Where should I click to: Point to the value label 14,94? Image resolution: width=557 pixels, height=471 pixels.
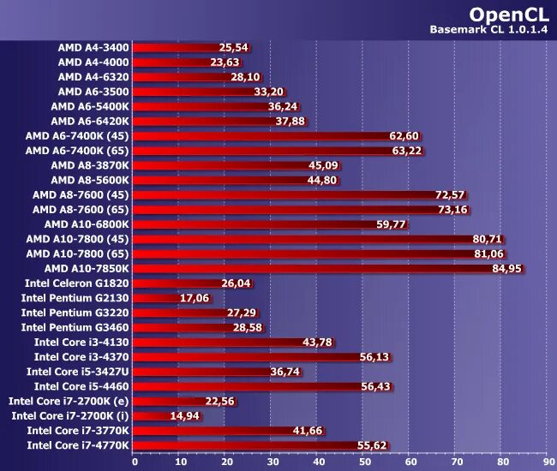tap(184, 415)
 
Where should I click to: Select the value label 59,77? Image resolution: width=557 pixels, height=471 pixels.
tap(391, 224)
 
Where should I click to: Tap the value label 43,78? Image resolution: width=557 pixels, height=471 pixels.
tap(317, 342)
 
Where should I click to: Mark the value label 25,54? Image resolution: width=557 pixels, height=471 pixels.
tap(233, 47)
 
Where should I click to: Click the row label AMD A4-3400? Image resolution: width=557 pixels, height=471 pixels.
tap(93, 47)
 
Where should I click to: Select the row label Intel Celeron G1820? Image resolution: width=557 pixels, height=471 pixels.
tap(75, 283)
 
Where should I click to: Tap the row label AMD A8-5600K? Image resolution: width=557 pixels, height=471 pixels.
tap(90, 180)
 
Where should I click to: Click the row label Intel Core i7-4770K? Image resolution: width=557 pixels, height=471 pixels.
tap(77, 445)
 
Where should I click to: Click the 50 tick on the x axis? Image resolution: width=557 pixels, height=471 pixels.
tap(364, 462)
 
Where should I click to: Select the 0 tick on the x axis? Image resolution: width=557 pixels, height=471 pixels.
tap(135, 462)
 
